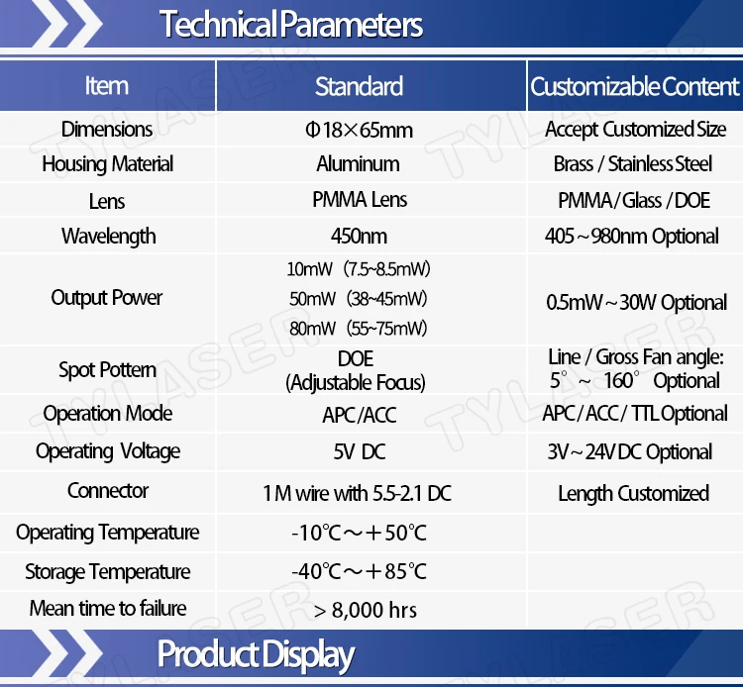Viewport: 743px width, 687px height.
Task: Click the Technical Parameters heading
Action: [x=291, y=24]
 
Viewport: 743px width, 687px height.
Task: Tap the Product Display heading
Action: [x=256, y=655]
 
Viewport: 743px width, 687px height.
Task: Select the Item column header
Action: [x=107, y=86]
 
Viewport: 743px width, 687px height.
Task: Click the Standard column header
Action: [x=360, y=86]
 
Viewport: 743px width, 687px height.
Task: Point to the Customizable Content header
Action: [x=634, y=86]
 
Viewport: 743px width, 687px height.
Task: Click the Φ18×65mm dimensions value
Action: [x=360, y=130]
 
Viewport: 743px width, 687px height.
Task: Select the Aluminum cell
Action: [x=359, y=163]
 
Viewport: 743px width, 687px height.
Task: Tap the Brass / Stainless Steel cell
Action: [x=633, y=163]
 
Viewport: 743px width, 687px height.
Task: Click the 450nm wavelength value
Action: [x=359, y=236]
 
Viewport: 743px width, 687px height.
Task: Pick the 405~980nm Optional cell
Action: [x=632, y=236]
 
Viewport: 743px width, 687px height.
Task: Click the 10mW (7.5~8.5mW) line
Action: [x=359, y=269]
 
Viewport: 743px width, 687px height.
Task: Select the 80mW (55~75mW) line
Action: [x=359, y=328]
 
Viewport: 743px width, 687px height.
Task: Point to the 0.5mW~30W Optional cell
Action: [x=636, y=302]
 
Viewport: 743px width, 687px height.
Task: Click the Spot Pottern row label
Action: [x=108, y=370]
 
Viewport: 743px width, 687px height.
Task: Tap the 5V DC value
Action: [x=360, y=451]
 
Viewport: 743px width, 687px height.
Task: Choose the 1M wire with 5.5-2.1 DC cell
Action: [x=358, y=493]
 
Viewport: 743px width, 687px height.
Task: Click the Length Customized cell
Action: [x=634, y=493]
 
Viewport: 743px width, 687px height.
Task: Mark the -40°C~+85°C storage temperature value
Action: [x=359, y=571]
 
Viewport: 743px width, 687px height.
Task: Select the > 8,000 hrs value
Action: [x=366, y=610]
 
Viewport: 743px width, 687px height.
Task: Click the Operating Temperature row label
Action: [x=108, y=533]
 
